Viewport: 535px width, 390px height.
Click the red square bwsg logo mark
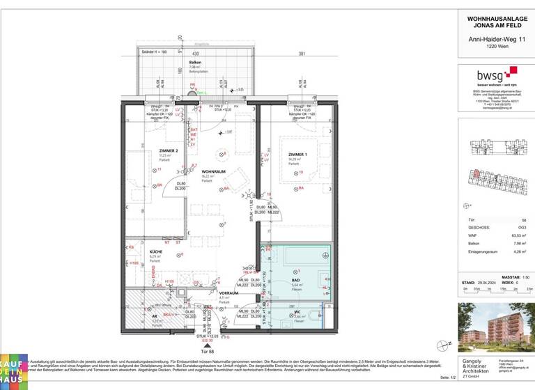click(x=513, y=70)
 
